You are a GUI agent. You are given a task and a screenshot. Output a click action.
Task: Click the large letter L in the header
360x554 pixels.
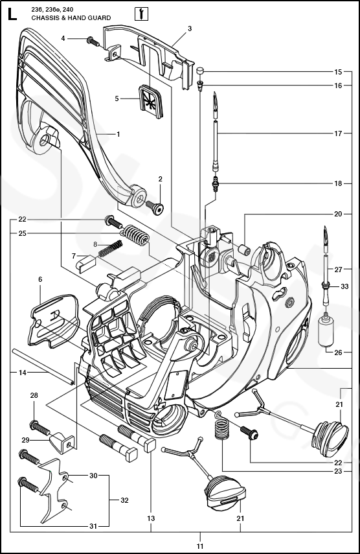(12, 14)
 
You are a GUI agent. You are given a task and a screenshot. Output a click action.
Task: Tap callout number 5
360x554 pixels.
(117, 98)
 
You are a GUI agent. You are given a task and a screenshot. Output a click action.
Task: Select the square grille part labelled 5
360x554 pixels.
(150, 99)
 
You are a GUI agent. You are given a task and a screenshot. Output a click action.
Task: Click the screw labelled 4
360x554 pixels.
(92, 41)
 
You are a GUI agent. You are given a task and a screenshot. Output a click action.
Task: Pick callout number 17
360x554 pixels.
(338, 133)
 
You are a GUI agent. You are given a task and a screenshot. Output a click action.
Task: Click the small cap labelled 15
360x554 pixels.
(201, 71)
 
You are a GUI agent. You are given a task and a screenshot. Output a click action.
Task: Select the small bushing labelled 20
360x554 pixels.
(245, 250)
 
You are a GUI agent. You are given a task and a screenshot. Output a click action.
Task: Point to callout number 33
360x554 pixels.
(344, 286)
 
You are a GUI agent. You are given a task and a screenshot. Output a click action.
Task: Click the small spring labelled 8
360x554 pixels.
(110, 248)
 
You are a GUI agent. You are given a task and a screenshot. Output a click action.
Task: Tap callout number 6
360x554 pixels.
(40, 279)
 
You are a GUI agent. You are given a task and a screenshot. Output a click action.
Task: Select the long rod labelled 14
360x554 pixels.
(43, 366)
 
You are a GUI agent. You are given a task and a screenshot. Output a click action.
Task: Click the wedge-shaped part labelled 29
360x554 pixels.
(63, 443)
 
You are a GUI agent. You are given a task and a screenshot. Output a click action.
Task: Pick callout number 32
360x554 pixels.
(124, 500)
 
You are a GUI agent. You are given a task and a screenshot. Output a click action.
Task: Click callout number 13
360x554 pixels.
(151, 518)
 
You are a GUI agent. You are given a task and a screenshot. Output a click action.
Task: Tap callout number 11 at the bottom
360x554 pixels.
(200, 546)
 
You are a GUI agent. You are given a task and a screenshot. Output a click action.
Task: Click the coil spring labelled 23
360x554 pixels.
(222, 427)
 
